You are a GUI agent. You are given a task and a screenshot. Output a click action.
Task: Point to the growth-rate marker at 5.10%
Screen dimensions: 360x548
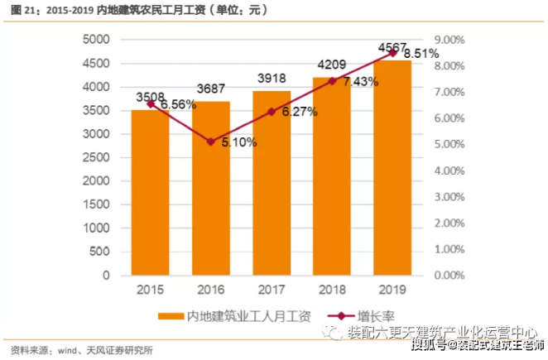[x=211, y=142]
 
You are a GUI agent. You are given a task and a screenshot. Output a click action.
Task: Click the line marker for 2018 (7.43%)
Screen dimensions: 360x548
[x=333, y=81]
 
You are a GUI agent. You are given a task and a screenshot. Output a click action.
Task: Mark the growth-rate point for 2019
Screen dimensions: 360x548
[x=393, y=53]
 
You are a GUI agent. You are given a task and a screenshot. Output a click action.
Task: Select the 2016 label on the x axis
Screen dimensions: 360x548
[x=211, y=290]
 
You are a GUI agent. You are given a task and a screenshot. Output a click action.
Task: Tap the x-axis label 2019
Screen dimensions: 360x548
[x=393, y=290]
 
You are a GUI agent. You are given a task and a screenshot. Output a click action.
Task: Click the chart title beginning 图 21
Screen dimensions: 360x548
[x=140, y=11]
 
